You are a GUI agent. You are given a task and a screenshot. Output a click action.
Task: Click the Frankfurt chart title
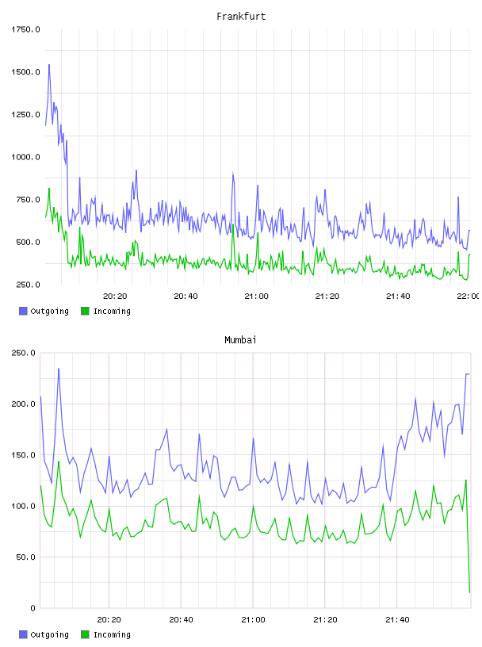pos(241,17)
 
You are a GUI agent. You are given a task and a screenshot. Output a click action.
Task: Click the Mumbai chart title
pos(240,340)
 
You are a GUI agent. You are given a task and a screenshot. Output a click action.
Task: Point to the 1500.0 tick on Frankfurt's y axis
pos(25,72)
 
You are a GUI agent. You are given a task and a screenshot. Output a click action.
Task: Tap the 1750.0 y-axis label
pos(25,29)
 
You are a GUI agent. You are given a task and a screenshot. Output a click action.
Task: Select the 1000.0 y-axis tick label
pos(25,157)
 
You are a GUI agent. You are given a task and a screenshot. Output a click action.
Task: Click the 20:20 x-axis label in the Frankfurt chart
pos(115,296)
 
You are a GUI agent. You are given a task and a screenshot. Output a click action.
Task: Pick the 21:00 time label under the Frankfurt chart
pos(256,296)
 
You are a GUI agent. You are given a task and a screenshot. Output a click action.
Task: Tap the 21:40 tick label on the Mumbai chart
pos(397,619)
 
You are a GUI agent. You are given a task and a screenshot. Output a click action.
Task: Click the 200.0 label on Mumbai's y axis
pos(23,404)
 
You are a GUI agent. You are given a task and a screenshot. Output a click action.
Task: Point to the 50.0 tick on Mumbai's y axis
pos(25,557)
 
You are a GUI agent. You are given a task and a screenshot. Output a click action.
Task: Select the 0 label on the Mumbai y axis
pos(33,608)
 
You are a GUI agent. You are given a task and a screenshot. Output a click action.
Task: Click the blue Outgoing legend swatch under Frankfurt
pos(23,311)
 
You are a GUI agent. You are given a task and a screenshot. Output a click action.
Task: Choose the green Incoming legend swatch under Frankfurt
pos(85,311)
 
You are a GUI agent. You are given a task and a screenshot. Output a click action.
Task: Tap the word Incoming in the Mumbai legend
pos(112,634)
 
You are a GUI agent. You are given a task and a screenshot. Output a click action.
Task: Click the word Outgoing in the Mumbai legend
pos(49,634)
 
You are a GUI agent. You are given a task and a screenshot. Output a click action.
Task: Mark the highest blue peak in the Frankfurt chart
pos(49,65)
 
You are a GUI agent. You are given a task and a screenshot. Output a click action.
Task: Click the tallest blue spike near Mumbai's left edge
pos(59,369)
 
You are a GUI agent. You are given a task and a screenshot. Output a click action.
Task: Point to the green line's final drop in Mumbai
pos(468,537)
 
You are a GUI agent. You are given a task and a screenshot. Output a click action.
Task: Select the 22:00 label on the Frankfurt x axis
pos(468,296)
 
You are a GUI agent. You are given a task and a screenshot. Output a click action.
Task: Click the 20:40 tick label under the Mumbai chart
pos(182,619)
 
